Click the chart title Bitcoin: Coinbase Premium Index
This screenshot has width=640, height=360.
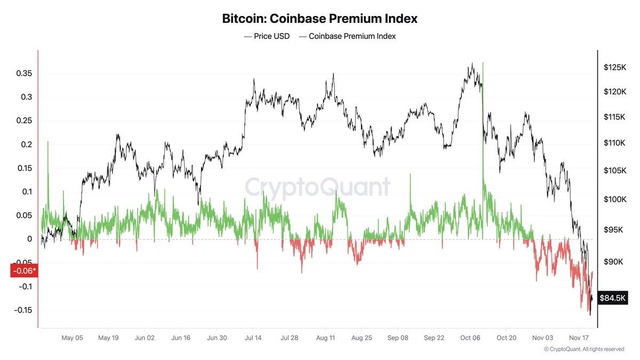[x=319, y=18]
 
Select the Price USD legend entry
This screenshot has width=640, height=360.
[x=267, y=36]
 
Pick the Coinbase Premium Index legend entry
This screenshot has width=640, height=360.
[x=347, y=36]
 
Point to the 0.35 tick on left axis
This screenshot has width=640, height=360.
[x=23, y=73]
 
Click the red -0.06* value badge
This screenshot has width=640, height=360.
[x=23, y=271]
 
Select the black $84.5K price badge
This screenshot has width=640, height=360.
[x=612, y=298]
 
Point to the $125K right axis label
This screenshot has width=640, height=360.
[x=614, y=68]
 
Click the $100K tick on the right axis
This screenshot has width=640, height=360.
[x=614, y=199]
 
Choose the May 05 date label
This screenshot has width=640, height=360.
[x=72, y=338]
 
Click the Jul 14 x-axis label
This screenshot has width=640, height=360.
[x=253, y=338]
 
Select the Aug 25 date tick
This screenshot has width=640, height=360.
[x=362, y=338]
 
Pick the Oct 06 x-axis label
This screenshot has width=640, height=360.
[x=470, y=338]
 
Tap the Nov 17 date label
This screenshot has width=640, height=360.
[x=579, y=338]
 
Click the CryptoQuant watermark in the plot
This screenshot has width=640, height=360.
[x=318, y=187]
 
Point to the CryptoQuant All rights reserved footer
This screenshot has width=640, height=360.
[x=584, y=349]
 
